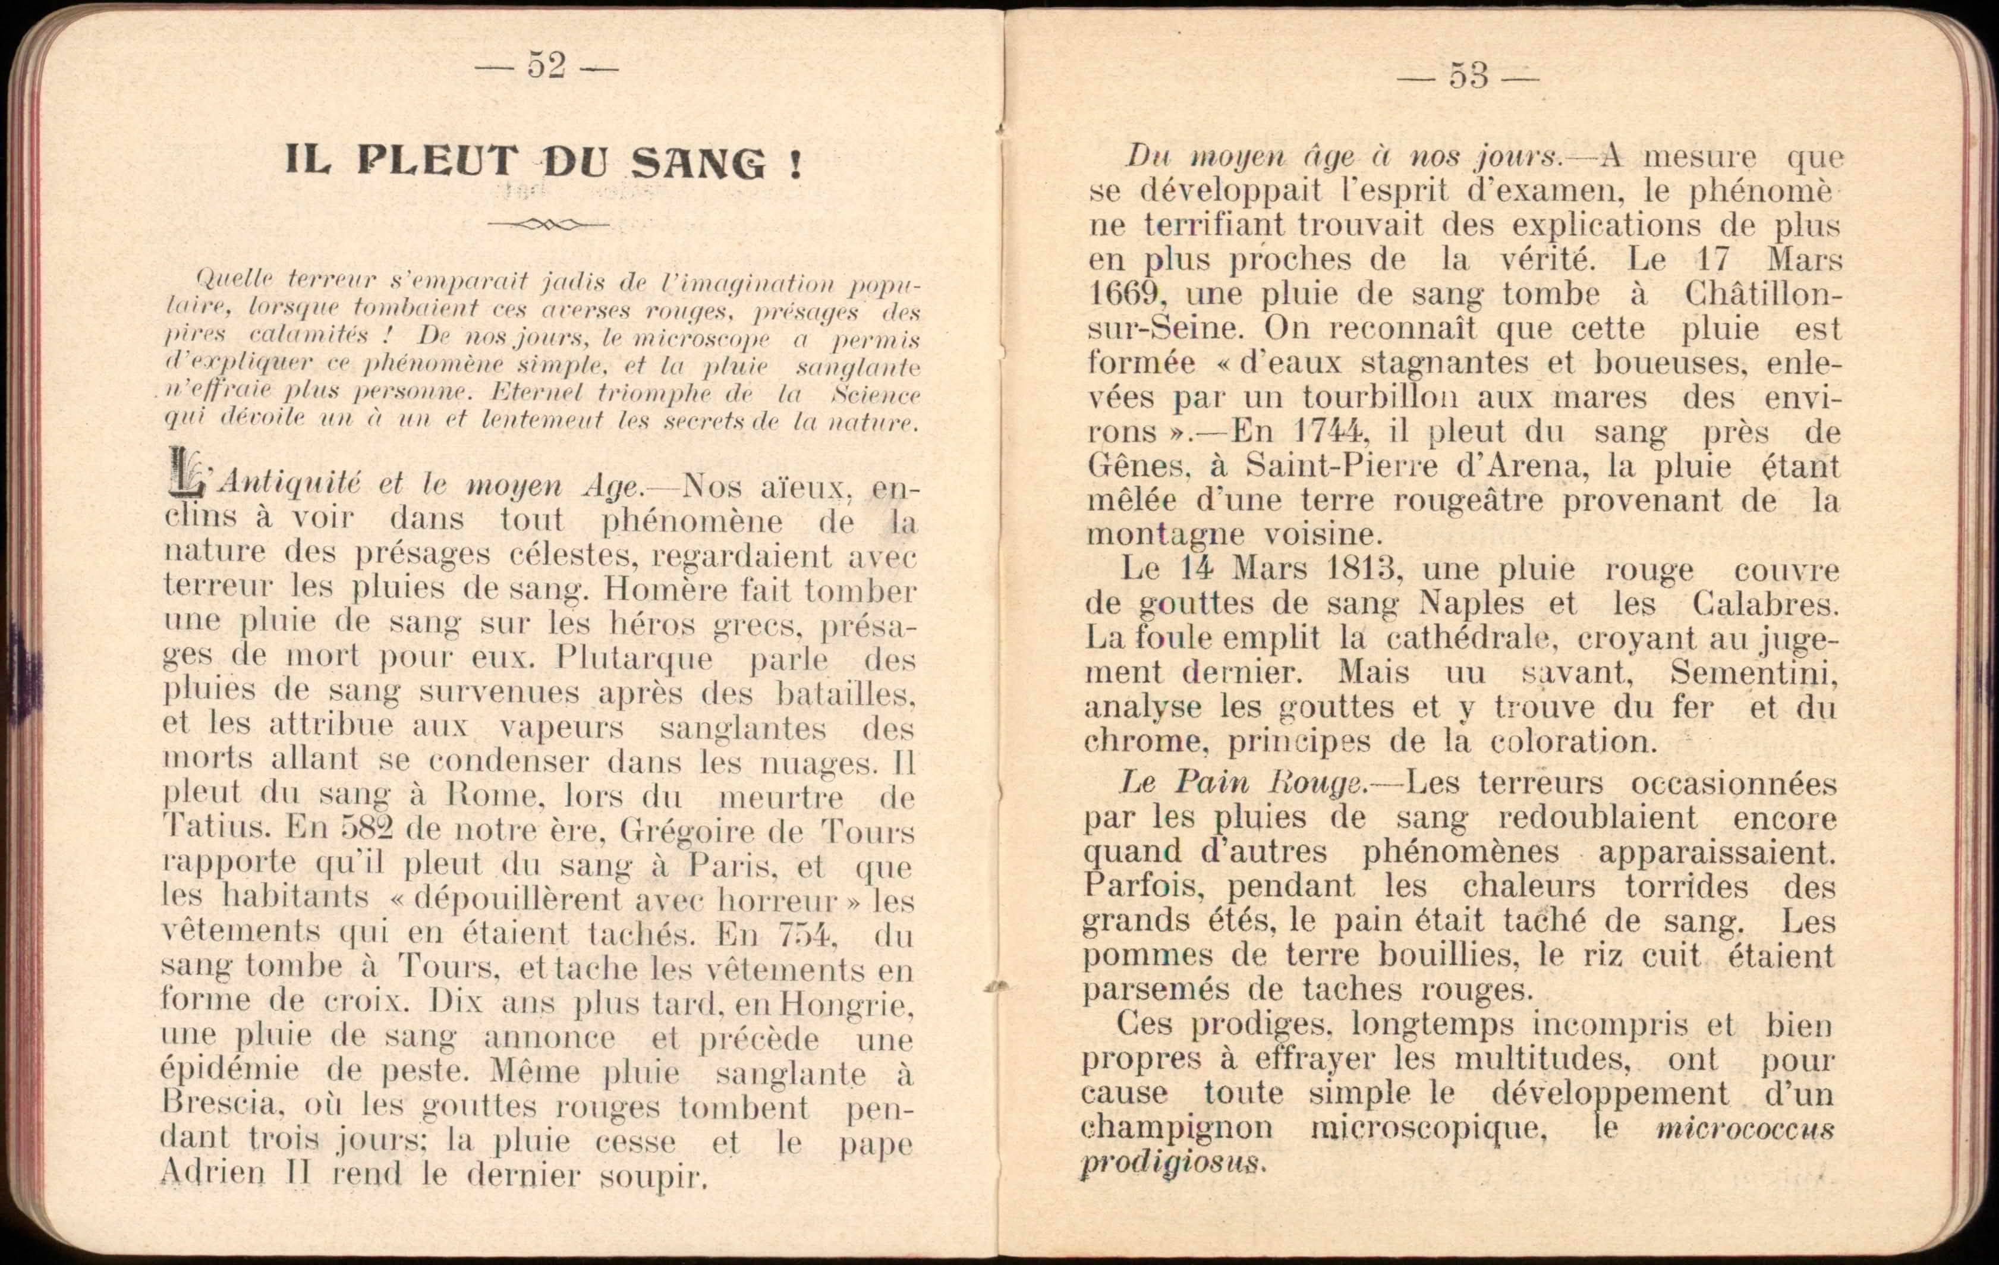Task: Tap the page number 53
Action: pyautogui.click(x=1468, y=75)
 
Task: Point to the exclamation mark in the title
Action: pyautogui.click(x=795, y=163)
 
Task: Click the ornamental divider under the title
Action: pyautogui.click(x=548, y=224)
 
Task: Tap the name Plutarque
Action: pyautogui.click(x=634, y=658)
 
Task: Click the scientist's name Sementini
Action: pyautogui.click(x=1754, y=672)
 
